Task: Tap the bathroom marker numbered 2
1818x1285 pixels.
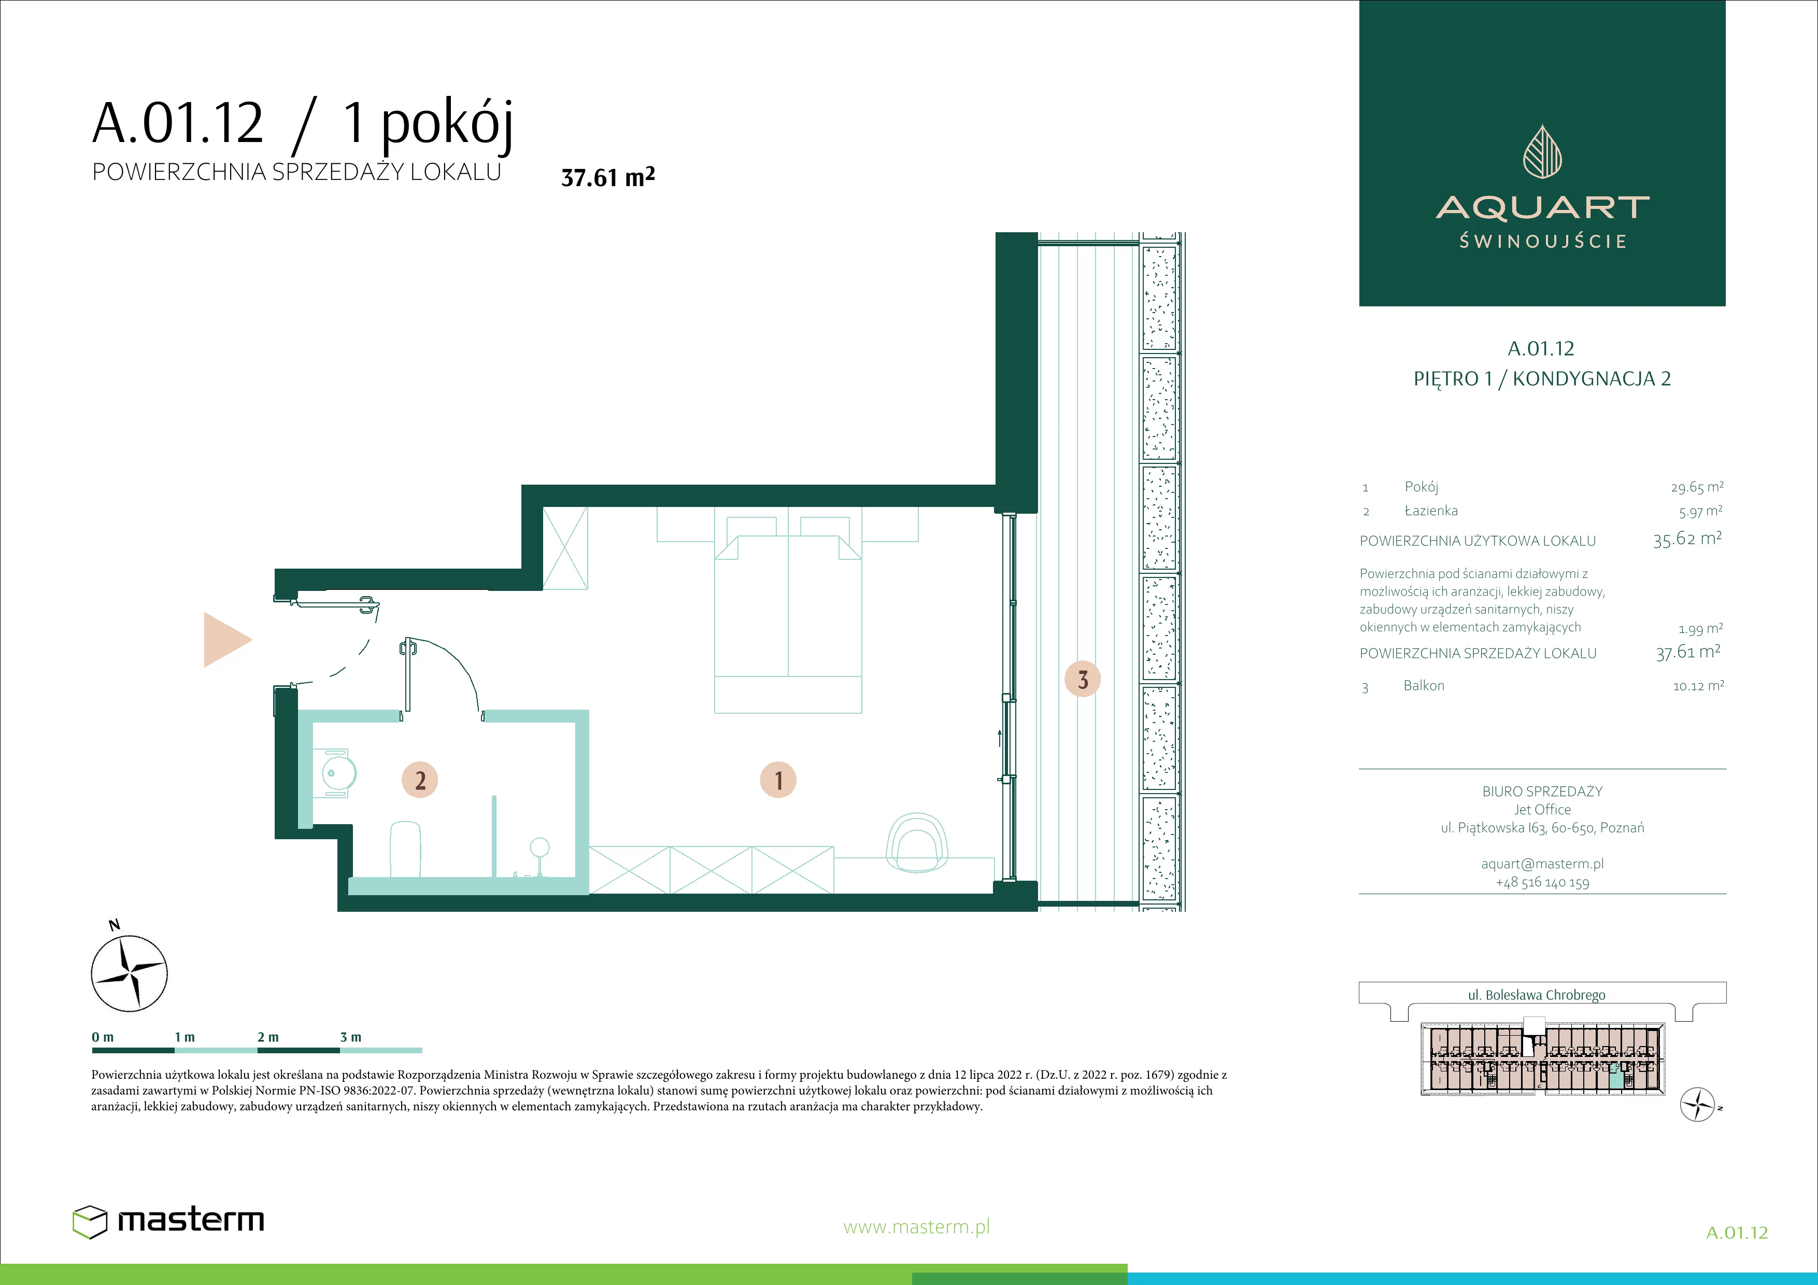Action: coord(420,780)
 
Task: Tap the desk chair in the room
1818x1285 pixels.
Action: coord(917,842)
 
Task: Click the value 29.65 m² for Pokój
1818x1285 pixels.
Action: coord(1697,487)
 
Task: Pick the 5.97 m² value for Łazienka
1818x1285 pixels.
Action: coord(1700,512)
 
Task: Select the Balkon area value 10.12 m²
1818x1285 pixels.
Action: coord(1698,686)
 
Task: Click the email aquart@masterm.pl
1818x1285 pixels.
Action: coord(1542,864)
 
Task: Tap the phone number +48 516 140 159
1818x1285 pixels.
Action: coord(1542,882)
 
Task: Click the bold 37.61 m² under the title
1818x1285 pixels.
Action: coord(607,177)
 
